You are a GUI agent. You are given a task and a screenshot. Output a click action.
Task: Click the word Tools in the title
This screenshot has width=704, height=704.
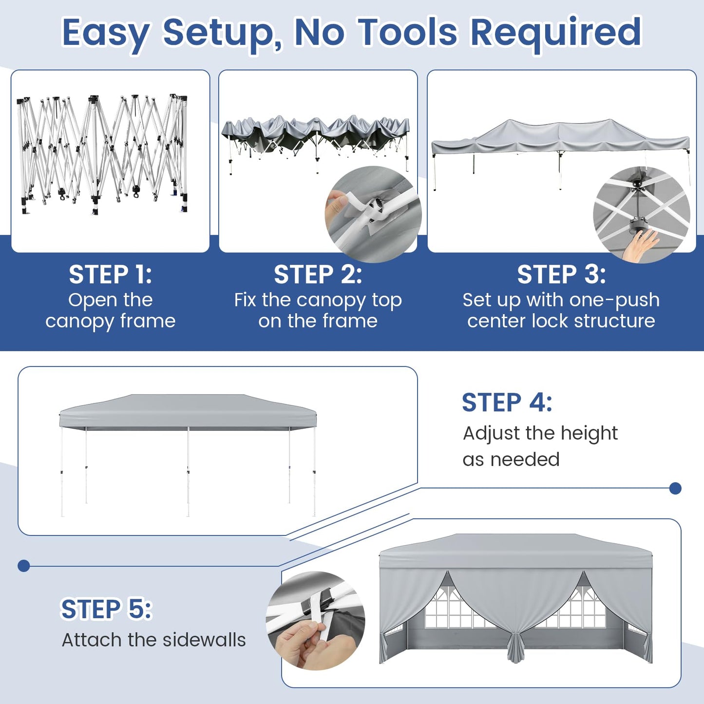[408, 32]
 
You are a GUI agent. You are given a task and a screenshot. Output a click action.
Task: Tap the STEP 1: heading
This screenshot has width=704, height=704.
[110, 274]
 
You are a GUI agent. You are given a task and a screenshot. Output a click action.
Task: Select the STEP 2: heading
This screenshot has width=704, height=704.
[318, 274]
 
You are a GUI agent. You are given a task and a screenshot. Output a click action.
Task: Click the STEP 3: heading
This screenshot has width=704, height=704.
[561, 274]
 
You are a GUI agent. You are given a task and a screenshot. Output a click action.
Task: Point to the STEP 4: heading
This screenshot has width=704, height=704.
[507, 402]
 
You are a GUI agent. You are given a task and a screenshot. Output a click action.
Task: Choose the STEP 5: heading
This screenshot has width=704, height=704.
[106, 609]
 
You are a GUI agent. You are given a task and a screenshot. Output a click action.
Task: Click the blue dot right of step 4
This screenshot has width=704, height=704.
[675, 488]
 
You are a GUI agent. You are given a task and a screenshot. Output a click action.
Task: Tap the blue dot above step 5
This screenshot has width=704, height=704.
[23, 566]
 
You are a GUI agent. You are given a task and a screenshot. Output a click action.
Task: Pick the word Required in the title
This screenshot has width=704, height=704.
[555, 32]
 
